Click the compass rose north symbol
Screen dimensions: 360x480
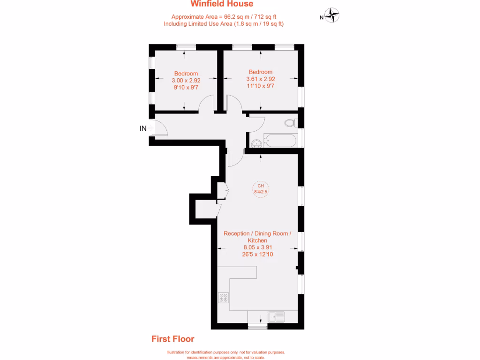pyautogui.click(x=332, y=15)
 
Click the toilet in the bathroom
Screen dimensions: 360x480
pyautogui.click(x=290, y=123)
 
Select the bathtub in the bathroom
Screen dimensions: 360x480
pyautogui.click(x=280, y=140)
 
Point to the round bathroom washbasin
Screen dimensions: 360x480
pyautogui.click(x=256, y=143)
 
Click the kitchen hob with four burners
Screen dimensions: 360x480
pyautogui.click(x=224, y=298)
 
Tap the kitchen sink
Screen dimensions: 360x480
pyautogui.click(x=276, y=317)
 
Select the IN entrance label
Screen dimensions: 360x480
pyautogui.click(x=143, y=128)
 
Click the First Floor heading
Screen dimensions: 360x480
pyautogui.click(x=172, y=339)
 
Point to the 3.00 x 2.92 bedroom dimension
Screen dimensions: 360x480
pyautogui.click(x=186, y=80)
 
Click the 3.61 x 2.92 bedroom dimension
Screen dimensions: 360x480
pyautogui.click(x=261, y=79)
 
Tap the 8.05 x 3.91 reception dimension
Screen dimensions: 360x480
pyautogui.click(x=257, y=247)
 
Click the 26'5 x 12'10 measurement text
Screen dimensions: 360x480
pyautogui.click(x=257, y=255)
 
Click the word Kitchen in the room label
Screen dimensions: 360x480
pyautogui.click(x=257, y=240)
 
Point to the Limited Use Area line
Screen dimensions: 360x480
pyautogui.click(x=224, y=23)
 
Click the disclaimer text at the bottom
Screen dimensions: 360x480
pyautogui.click(x=225, y=355)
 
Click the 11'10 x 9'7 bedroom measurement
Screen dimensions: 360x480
pyautogui.click(x=261, y=86)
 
